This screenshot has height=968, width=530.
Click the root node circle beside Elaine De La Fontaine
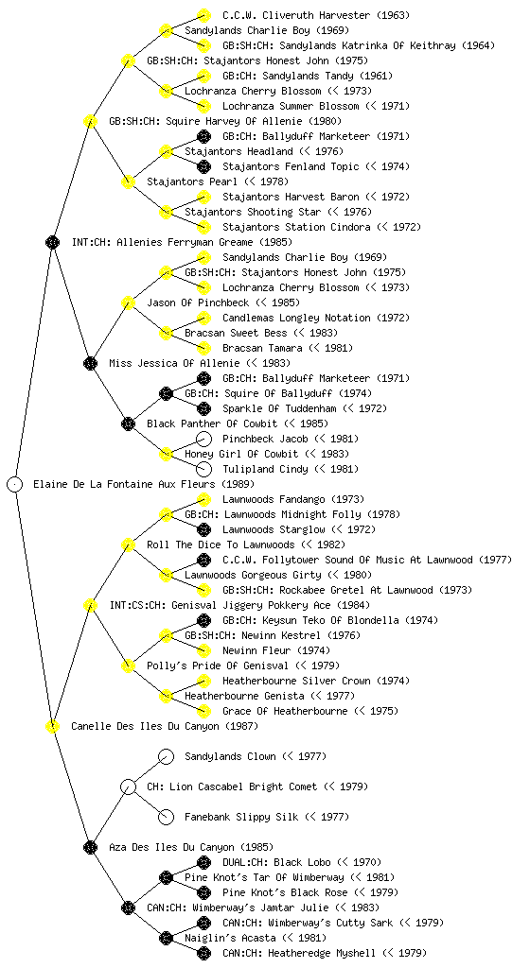point(15,484)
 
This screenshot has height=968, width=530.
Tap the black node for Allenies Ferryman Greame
point(52,242)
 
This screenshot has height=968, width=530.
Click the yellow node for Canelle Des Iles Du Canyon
point(52,726)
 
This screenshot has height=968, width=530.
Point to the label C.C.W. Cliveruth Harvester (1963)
point(316,15)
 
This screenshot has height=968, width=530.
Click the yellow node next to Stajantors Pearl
point(128,181)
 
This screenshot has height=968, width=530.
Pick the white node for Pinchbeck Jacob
point(203,439)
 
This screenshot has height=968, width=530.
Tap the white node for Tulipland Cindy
point(203,469)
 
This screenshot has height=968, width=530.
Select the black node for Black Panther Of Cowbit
point(128,423)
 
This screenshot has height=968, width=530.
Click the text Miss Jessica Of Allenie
point(175,363)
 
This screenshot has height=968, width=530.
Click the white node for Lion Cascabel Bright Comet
point(128,786)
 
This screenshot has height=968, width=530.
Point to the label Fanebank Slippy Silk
point(241,817)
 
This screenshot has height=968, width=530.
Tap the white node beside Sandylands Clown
point(166,756)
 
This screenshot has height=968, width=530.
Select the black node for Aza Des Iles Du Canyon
point(90,847)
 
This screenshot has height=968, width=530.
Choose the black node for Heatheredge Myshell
point(203,953)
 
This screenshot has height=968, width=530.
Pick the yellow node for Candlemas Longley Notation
point(203,318)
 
